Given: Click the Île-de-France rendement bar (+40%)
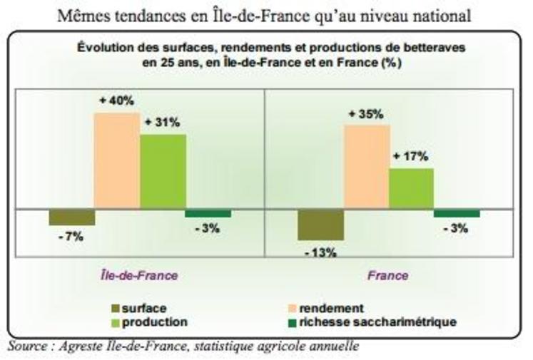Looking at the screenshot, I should (117, 161).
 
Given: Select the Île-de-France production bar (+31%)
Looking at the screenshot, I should (163, 172).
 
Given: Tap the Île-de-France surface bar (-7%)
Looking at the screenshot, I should (71, 217).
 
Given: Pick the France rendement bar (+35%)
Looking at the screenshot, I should (367, 168).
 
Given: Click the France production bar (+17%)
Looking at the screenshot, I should (411, 189).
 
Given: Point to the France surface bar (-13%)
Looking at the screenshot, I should (321, 225).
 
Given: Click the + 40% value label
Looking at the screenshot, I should (116, 101).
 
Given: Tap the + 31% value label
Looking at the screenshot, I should (162, 123).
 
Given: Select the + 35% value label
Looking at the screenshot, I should (366, 114).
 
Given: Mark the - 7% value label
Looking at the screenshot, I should (71, 236).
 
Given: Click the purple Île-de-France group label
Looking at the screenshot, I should (138, 275).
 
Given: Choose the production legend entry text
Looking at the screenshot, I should (155, 322).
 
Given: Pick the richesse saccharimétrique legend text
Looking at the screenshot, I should (377, 322).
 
